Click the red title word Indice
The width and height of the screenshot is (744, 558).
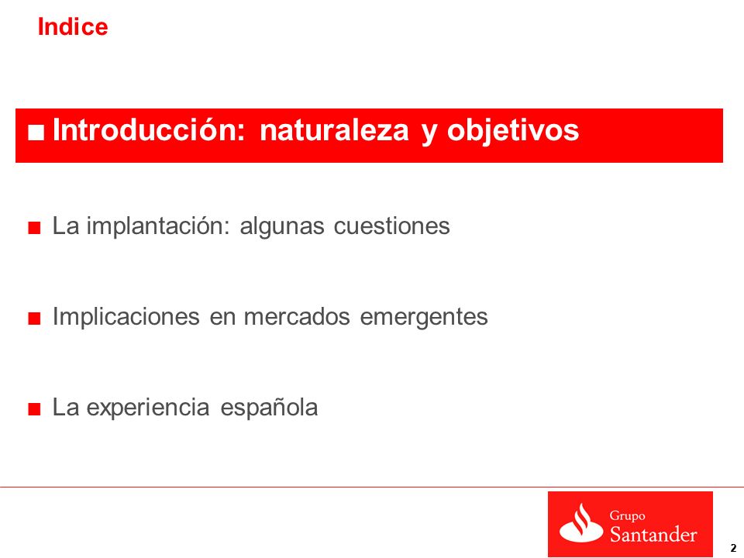[73, 26]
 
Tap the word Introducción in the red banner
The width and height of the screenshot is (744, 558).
[149, 129]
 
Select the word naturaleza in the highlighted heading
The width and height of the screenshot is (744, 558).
[334, 130]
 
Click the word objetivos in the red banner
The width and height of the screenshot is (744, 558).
[512, 130]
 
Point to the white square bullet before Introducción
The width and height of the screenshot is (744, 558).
[36, 133]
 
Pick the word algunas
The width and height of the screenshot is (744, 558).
[282, 226]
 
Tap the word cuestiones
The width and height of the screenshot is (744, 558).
[392, 226]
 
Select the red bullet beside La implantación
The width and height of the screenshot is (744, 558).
[34, 228]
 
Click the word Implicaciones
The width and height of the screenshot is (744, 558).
[126, 316]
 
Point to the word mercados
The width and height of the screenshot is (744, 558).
[297, 317]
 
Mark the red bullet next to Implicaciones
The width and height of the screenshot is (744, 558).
[34, 319]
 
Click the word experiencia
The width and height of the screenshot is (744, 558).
[148, 408]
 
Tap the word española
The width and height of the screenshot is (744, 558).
[269, 408]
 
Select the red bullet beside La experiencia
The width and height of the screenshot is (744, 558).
[34, 409]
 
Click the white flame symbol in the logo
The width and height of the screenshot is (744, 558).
[581, 524]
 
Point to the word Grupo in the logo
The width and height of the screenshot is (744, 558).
[627, 516]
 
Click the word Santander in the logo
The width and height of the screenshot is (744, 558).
[653, 534]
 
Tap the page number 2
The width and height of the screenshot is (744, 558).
[734, 547]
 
